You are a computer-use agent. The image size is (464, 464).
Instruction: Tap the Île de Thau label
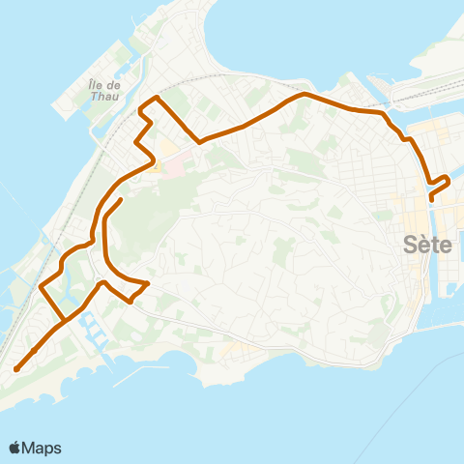(x=102, y=90)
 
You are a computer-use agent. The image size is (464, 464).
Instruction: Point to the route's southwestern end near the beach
(x=16, y=368)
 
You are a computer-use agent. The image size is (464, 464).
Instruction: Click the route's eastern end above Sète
(x=430, y=200)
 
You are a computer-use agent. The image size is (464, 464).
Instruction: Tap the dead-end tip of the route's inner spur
(x=122, y=199)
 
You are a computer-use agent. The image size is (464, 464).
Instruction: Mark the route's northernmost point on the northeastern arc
(x=304, y=94)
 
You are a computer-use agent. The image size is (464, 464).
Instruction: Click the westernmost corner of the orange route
(x=40, y=286)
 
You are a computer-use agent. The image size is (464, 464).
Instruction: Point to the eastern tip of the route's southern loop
(x=147, y=283)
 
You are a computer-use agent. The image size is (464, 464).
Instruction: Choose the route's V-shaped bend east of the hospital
(x=199, y=142)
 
